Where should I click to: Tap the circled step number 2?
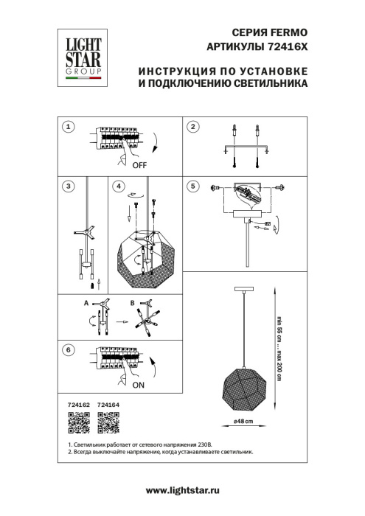pos(192,128)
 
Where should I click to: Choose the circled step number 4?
pos(119,186)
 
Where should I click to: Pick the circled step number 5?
pos(192,186)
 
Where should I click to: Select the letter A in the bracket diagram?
pos(86,303)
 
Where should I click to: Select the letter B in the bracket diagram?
pos(132,303)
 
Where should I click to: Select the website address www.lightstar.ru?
pos(182,490)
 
